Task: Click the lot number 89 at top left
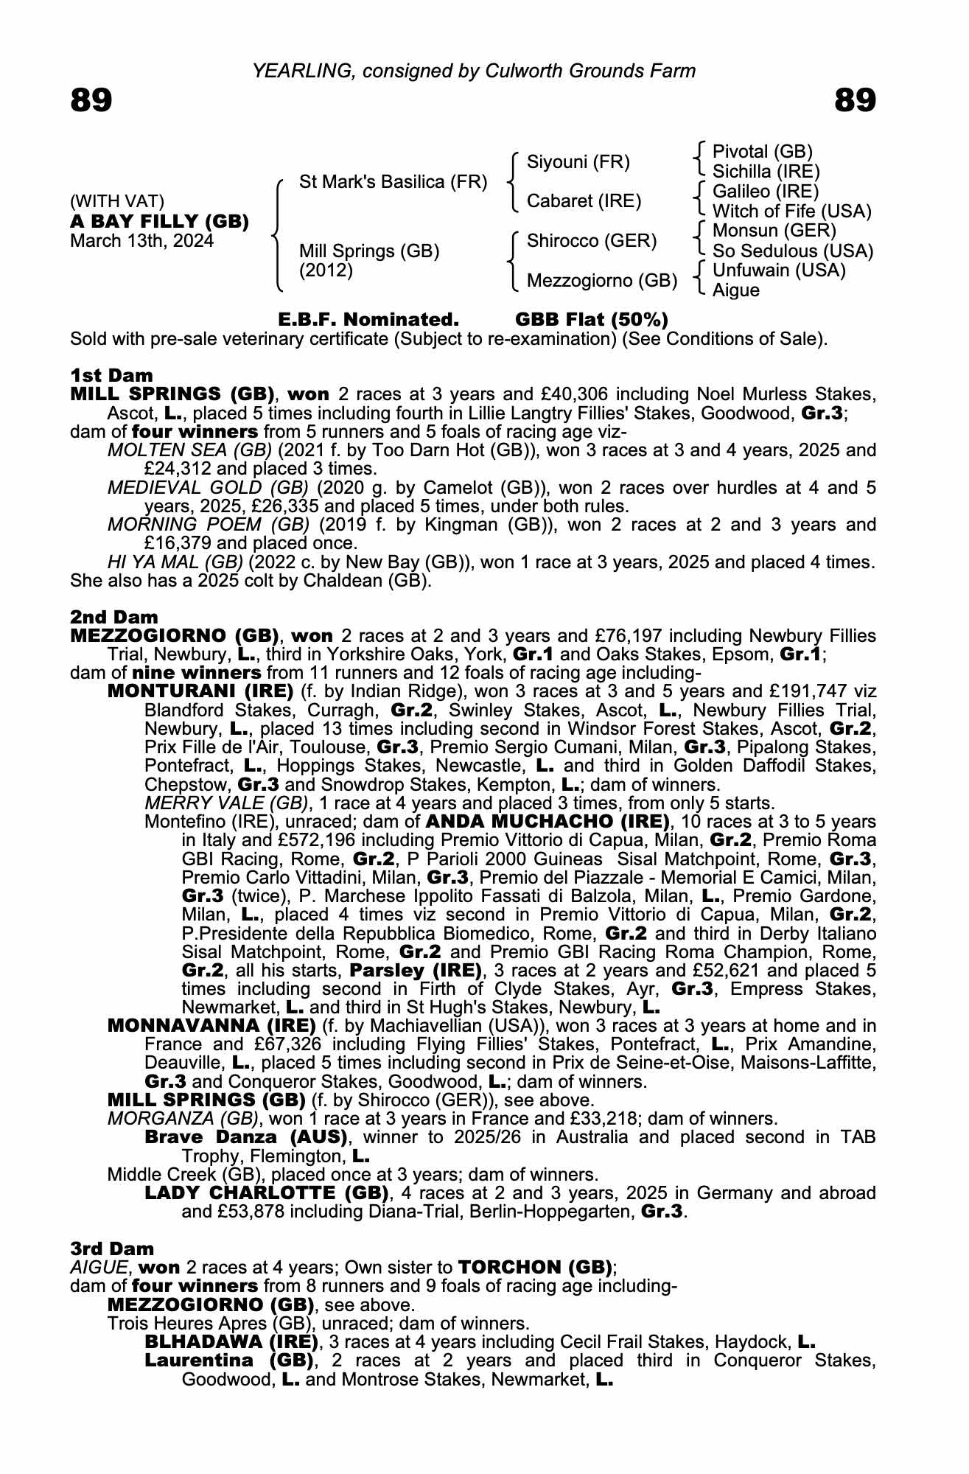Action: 91,100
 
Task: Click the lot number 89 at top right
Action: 855,100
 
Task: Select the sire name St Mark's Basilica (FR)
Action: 393,182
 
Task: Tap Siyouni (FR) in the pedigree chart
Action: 578,162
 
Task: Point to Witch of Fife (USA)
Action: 791,212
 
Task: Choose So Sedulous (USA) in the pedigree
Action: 793,251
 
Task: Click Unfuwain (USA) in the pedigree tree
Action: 779,270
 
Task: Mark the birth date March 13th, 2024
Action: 141,241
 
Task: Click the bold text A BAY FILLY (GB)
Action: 159,222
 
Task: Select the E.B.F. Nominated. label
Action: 368,320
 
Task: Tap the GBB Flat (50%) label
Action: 592,320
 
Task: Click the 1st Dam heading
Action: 111,375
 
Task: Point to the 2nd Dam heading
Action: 114,617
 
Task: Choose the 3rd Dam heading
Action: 112,1248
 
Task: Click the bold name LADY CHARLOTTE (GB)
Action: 267,1192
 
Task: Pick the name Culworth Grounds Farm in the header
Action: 590,71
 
